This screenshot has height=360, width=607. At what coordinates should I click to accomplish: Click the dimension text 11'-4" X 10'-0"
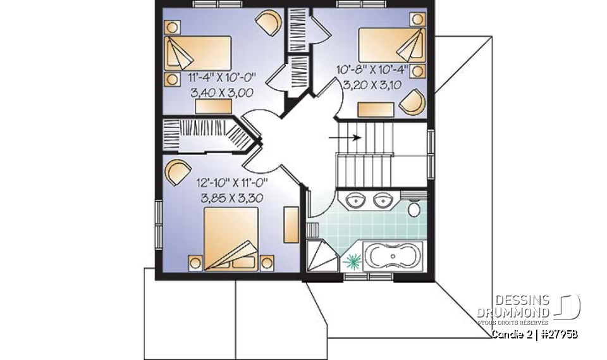(x=223, y=78)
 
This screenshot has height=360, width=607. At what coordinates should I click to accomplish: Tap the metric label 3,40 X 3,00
(x=222, y=93)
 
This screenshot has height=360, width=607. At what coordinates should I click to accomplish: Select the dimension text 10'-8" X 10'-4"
(x=373, y=70)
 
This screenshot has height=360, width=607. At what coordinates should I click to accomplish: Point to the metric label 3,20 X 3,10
(x=372, y=85)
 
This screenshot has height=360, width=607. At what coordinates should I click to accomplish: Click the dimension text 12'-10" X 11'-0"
(x=232, y=183)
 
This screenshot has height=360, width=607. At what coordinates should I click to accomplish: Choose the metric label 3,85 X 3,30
(x=232, y=199)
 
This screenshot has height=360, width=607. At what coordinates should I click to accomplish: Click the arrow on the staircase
(x=345, y=137)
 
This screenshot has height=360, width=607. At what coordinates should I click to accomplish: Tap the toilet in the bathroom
(x=414, y=208)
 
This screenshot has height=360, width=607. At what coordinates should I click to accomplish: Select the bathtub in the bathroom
(x=393, y=256)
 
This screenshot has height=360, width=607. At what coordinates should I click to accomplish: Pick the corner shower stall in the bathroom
(x=322, y=256)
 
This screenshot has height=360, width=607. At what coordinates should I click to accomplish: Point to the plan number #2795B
(x=558, y=333)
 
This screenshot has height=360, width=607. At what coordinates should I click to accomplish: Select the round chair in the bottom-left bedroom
(x=178, y=172)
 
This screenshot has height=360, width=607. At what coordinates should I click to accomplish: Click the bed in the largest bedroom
(x=231, y=239)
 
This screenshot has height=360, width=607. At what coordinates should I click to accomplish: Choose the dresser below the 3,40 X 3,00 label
(x=214, y=106)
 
